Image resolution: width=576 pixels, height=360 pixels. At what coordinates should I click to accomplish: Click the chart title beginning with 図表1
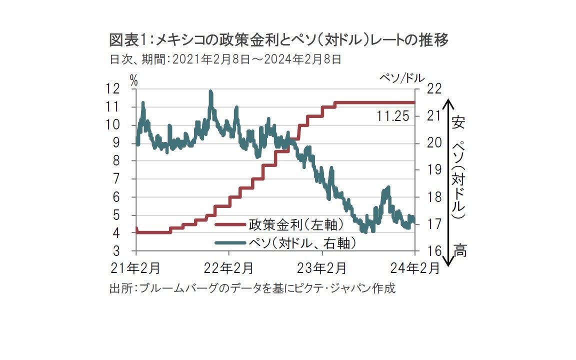(x=278, y=39)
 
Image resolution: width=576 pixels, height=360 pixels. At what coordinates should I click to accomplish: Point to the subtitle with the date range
(x=225, y=59)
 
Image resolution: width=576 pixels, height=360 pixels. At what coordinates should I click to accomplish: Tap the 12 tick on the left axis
(x=113, y=89)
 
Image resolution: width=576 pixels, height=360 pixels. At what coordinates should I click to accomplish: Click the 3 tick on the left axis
(x=116, y=251)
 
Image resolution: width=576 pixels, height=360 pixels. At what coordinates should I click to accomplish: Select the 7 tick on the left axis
(x=116, y=179)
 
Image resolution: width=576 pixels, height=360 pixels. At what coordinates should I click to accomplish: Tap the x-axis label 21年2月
(x=135, y=268)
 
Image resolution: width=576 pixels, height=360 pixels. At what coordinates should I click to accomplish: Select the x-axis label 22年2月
(x=229, y=268)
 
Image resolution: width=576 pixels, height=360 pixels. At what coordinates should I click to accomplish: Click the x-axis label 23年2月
(x=322, y=268)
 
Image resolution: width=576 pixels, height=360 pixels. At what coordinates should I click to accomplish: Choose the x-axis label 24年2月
(x=415, y=268)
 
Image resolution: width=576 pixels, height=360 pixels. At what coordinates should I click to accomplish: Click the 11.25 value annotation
(x=392, y=116)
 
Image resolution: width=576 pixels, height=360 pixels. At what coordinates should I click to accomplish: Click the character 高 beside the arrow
(x=459, y=250)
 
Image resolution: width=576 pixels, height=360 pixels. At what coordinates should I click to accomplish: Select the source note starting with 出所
(x=252, y=288)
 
